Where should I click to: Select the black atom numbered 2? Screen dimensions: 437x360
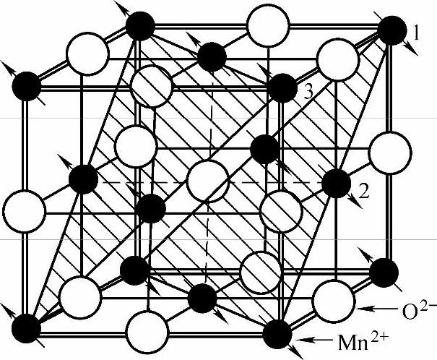[335, 182]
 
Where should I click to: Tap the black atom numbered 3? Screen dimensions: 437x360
[281, 88]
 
